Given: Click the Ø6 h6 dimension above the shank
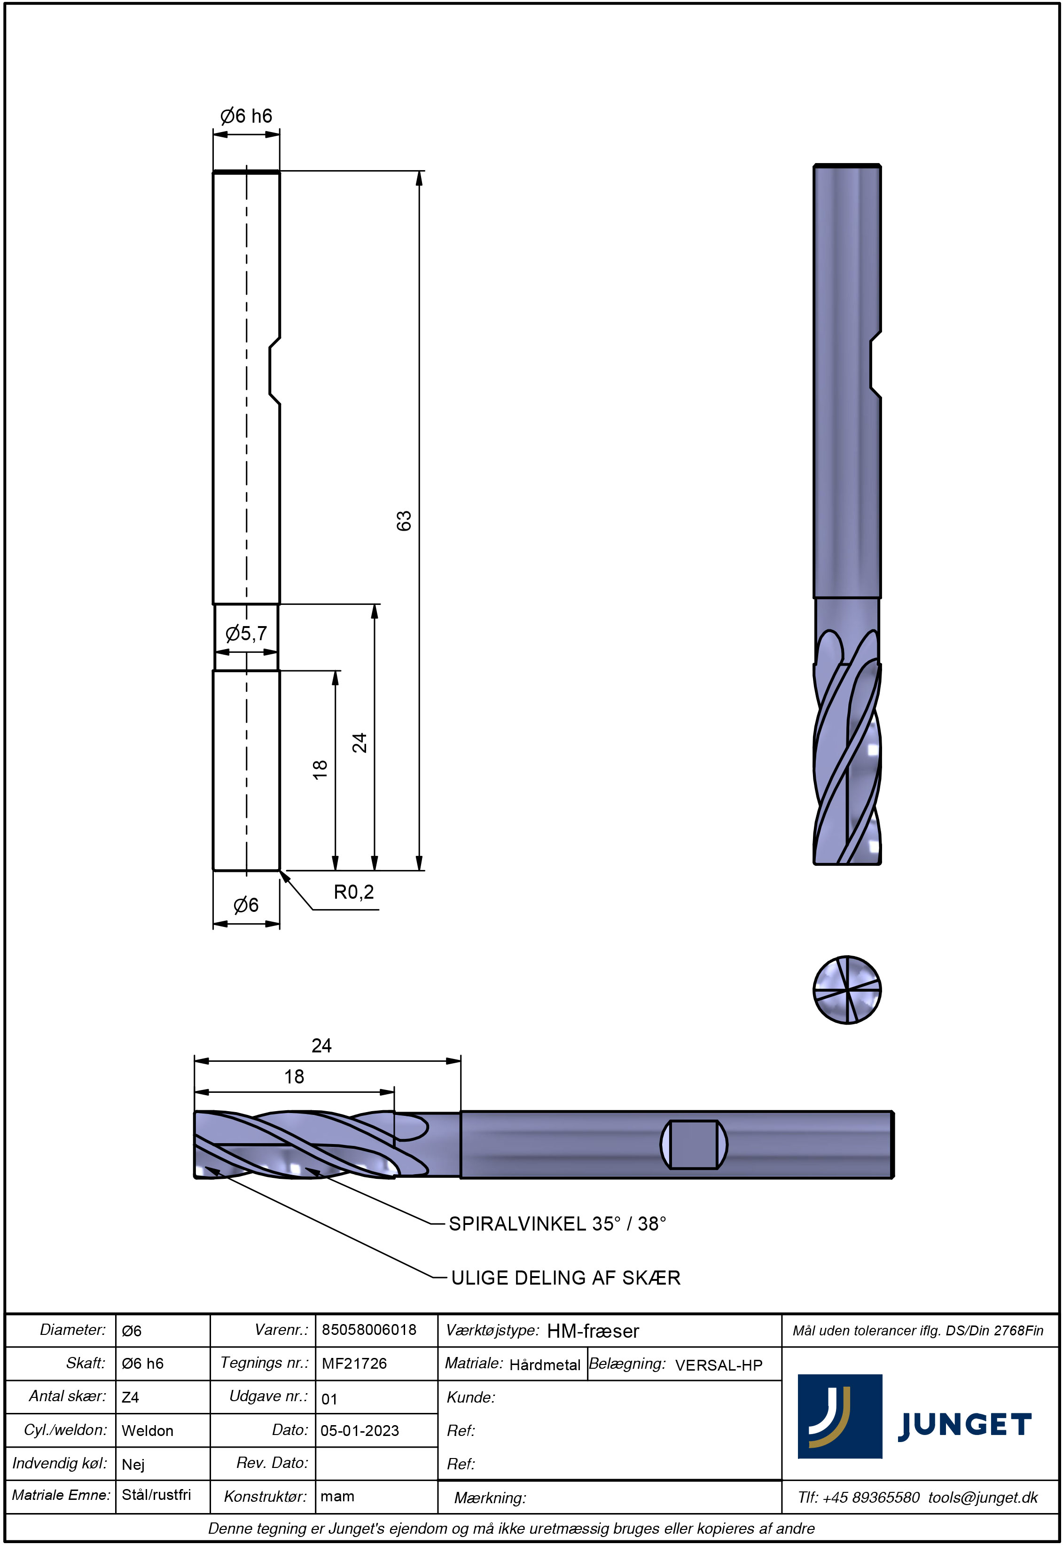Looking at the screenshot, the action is (246, 116).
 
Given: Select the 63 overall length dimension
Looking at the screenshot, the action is (404, 520).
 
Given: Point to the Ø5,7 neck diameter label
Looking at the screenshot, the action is (246, 633).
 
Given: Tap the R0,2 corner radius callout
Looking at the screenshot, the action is (354, 892).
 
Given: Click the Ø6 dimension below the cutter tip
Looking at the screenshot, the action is (246, 905).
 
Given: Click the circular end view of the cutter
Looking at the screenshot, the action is (847, 989).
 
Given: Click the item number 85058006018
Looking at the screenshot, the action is (369, 1329).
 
